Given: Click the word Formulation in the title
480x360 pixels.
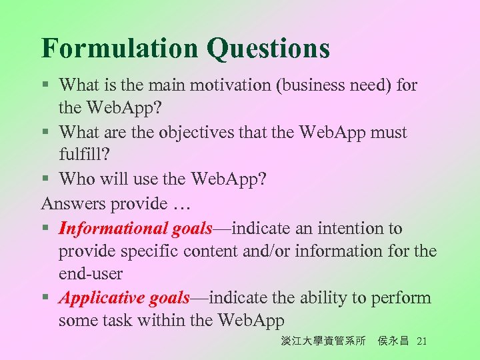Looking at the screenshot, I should [x=119, y=48].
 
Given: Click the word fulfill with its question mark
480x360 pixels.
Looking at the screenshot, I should [x=85, y=155].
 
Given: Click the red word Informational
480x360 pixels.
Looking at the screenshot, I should [x=113, y=229].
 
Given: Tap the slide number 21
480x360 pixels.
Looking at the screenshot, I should [x=421, y=341].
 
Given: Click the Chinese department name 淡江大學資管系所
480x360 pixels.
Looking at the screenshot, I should [x=323, y=341].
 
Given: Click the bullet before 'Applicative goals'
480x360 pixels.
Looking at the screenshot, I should [x=45, y=298].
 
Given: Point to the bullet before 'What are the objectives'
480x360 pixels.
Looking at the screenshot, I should [x=45, y=133].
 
